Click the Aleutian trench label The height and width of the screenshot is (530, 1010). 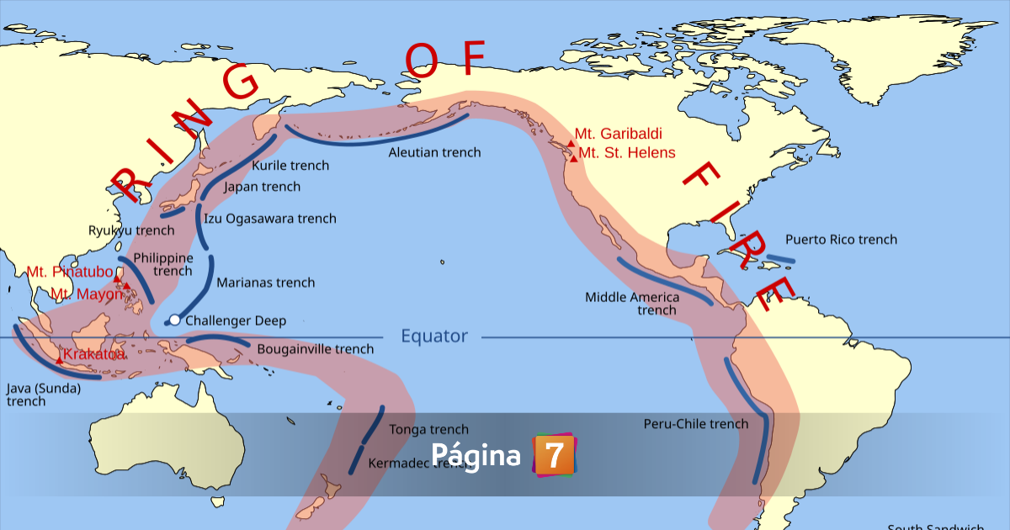(x=434, y=152)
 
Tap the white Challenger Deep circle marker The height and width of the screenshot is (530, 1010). (x=174, y=320)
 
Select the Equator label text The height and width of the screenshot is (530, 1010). (x=433, y=337)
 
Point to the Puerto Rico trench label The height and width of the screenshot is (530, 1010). (x=841, y=240)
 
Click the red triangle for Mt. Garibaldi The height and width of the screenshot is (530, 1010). (x=571, y=144)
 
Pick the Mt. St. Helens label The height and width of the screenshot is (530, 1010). (x=627, y=152)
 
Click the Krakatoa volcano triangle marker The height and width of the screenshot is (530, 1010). (x=59, y=359)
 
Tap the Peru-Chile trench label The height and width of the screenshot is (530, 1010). (x=695, y=424)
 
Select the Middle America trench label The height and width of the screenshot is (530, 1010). (x=632, y=304)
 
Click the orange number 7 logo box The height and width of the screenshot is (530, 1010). (x=554, y=455)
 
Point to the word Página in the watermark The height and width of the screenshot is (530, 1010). (x=476, y=455)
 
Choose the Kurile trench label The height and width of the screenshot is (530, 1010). (x=290, y=166)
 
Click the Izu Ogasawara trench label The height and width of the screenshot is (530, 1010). (x=270, y=219)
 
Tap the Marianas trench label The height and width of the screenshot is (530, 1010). (x=265, y=283)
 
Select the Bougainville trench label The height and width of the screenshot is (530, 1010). (x=315, y=349)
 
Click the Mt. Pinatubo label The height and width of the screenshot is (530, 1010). (x=70, y=272)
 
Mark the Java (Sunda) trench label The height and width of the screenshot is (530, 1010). (x=43, y=395)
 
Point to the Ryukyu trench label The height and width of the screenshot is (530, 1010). (x=131, y=231)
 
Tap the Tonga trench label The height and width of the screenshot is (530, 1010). (x=428, y=430)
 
